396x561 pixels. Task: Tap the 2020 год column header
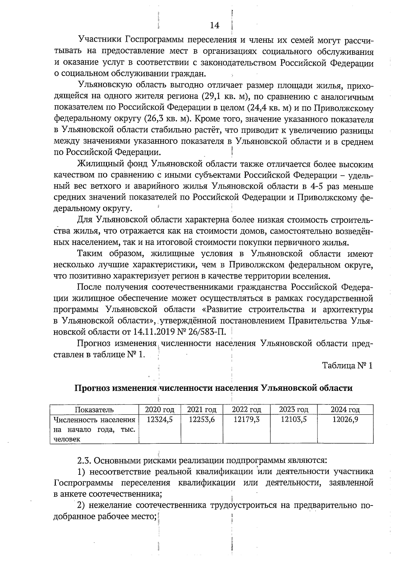pyautogui.click(x=160, y=410)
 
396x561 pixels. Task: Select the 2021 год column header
pyautogui.click(x=202, y=410)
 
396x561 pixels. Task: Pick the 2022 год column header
pyautogui.click(x=246, y=410)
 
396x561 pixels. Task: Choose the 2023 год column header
pyautogui.click(x=293, y=410)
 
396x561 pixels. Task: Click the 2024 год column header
pyautogui.click(x=345, y=410)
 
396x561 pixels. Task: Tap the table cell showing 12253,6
pyautogui.click(x=202, y=420)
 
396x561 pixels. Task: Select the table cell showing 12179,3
pyautogui.click(x=246, y=420)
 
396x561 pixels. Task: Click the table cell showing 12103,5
pyautogui.click(x=293, y=420)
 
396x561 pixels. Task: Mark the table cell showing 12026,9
pyautogui.click(x=345, y=420)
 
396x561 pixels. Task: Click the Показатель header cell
pyautogui.click(x=94, y=410)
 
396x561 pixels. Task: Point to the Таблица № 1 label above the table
pyautogui.click(x=347, y=366)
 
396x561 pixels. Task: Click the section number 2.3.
pyautogui.click(x=84, y=460)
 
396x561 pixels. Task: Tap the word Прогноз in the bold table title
pyautogui.click(x=91, y=388)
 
